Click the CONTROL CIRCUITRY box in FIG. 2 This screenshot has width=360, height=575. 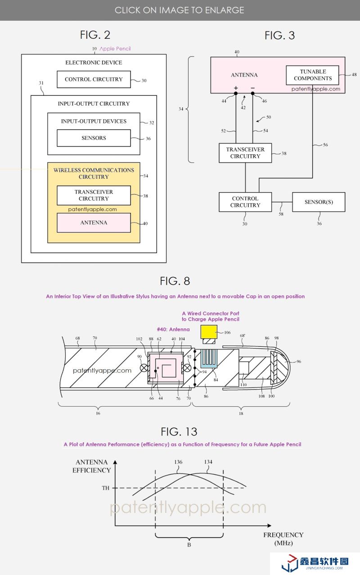tap(93, 80)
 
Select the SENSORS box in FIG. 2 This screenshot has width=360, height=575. tap(94, 138)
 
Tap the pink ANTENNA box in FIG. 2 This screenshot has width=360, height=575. tap(94, 223)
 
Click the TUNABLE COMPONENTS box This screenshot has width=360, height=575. tap(313, 75)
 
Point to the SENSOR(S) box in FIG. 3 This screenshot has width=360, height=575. tap(319, 202)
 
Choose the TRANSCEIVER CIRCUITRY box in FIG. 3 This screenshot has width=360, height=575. tap(245, 153)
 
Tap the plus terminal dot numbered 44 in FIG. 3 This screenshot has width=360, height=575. tap(235, 94)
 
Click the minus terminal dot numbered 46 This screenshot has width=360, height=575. tap(252, 94)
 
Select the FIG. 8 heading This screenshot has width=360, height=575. tap(175, 281)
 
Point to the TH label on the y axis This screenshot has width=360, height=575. tap(105, 488)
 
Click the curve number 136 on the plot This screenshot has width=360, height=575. tap(178, 462)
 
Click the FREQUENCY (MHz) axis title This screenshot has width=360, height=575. tap(283, 539)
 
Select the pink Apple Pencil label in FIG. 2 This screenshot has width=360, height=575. tap(115, 49)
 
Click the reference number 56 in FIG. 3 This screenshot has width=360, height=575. tap(325, 145)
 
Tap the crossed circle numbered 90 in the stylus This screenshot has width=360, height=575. tap(144, 368)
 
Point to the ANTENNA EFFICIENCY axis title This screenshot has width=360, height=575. tap(92, 466)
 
